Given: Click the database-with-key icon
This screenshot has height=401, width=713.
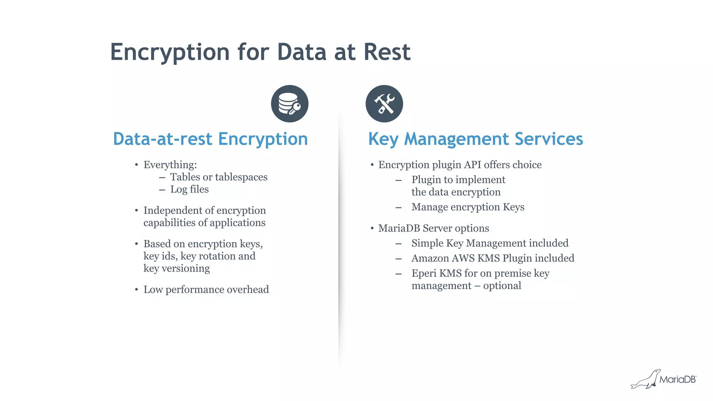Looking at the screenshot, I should [290, 104].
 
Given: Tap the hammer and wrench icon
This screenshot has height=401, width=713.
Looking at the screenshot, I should [384, 104].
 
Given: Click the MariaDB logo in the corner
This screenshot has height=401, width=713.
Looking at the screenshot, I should [664, 379].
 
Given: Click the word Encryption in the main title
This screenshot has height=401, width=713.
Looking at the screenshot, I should [170, 52].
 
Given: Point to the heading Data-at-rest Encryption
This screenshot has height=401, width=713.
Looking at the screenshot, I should [210, 139].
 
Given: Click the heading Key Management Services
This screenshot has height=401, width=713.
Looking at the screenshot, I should [476, 139].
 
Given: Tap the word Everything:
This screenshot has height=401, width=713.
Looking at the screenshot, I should [170, 165].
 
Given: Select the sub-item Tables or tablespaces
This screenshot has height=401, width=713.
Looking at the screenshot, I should [219, 177].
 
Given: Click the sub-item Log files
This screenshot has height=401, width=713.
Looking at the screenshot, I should [189, 189].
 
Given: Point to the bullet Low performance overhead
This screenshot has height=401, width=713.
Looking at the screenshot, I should [206, 289].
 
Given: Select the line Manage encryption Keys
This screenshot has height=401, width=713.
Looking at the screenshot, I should [468, 207].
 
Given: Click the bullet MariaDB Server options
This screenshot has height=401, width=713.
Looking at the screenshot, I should [433, 228].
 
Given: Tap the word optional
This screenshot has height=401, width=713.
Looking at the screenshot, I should [502, 286].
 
